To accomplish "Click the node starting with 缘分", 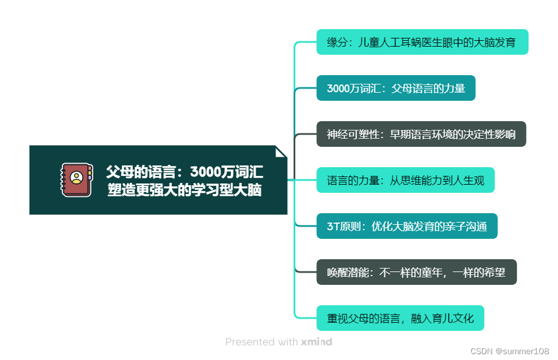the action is point(422,42).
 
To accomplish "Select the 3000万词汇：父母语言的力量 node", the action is point(395,88).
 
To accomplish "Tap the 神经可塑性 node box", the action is point(421,134).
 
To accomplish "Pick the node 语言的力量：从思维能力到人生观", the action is point(405,180).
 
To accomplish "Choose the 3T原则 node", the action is point(407,226).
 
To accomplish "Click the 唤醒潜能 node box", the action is point(416,272).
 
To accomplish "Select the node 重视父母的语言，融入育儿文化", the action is point(400,318).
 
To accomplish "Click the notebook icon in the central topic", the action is point(76,179).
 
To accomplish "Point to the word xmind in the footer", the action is point(316,342).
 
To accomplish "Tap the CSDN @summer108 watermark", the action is point(509,351).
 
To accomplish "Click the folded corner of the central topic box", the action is point(281,151).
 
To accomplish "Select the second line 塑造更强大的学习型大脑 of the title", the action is point(184,190).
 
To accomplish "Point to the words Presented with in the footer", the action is point(262,342).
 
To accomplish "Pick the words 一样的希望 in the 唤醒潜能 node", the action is point(481,272).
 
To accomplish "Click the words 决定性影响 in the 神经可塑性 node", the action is point(489,134).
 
